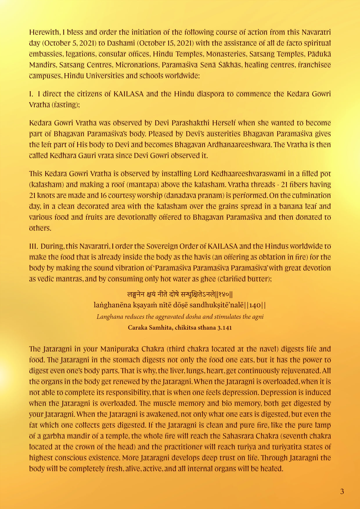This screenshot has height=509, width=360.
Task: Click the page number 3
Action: coord(342,491)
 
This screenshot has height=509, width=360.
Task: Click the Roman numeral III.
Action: coord(33,246)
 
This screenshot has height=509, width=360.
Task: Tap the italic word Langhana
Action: coord(110,317)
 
